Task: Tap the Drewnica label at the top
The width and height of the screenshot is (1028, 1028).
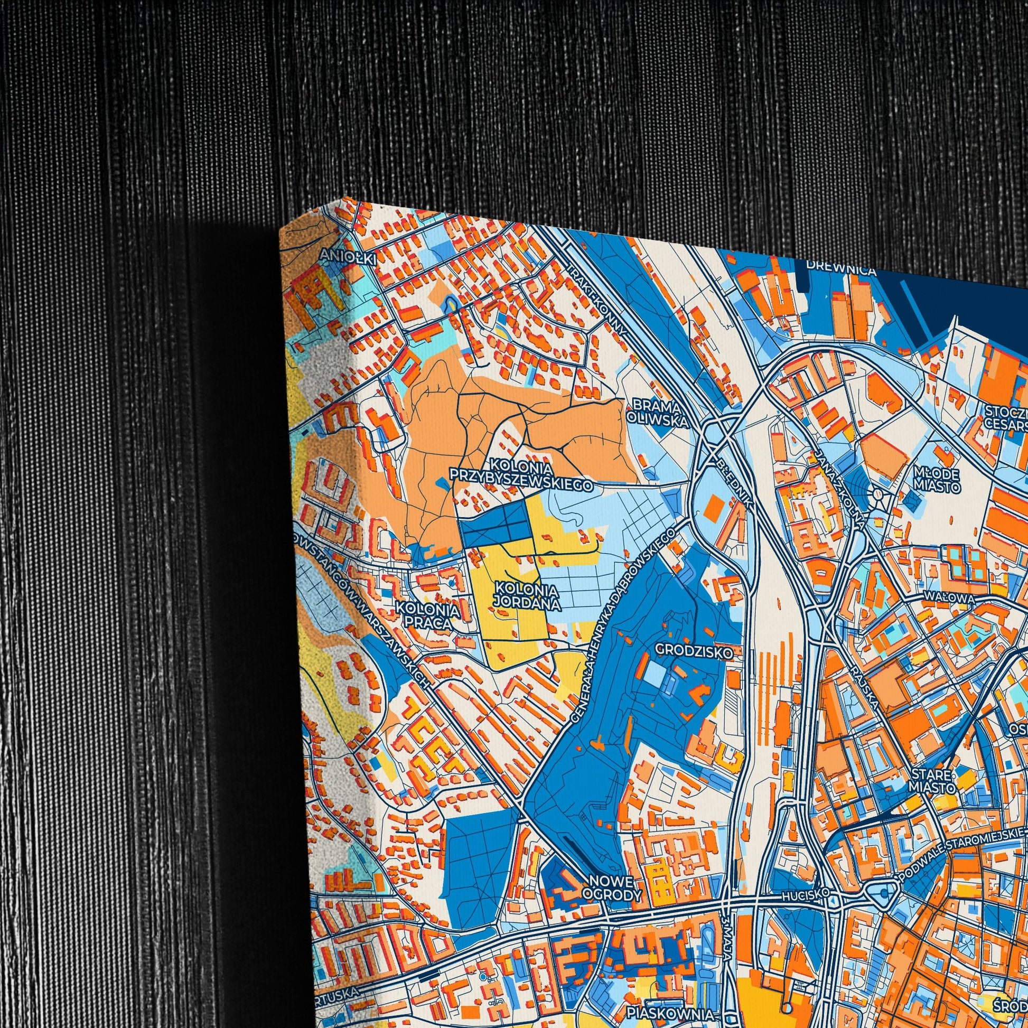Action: [x=840, y=269]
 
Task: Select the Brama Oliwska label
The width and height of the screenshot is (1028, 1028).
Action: [x=658, y=411]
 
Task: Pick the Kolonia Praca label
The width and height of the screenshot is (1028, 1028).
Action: [x=430, y=615]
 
